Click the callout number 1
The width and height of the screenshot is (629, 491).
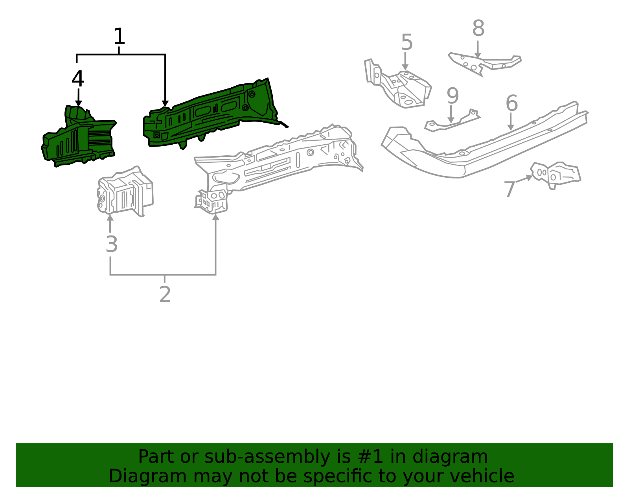119,36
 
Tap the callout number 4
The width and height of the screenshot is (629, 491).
78,78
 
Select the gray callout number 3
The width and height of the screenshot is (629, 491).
112,244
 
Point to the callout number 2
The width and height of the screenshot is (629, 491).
165,294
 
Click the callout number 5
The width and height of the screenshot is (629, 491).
407,42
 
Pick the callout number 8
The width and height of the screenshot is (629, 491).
478,28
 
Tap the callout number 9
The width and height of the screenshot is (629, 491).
453,96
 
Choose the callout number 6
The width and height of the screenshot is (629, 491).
511,103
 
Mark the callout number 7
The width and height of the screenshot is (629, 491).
509,189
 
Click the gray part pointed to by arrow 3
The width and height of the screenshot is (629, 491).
125,191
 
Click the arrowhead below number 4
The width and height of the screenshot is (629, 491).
79,103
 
